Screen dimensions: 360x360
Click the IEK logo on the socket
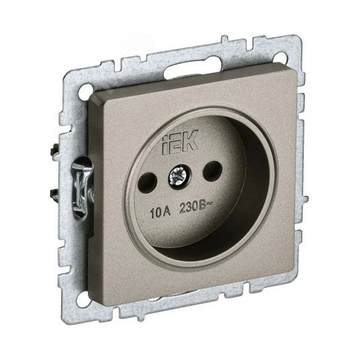pyautogui.click(x=180, y=142)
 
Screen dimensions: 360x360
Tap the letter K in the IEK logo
pyautogui.click(x=190, y=140)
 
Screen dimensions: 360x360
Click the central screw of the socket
pyautogui.click(x=177, y=177)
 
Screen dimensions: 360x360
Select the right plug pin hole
pyautogui.click(x=212, y=170)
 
